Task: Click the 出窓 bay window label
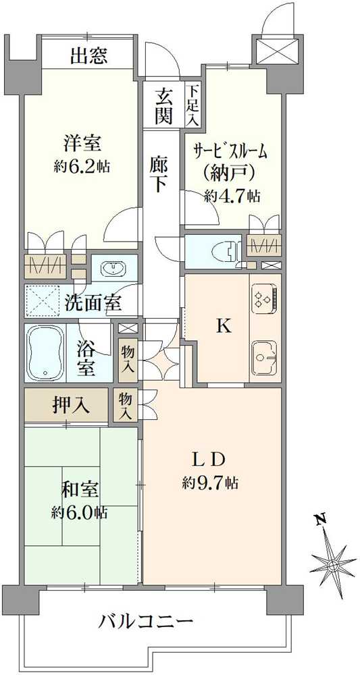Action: [x=88, y=57]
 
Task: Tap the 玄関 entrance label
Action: [x=163, y=105]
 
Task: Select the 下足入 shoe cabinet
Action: [x=192, y=105]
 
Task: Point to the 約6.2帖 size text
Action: [x=81, y=167]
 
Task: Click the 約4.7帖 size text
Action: [x=232, y=196]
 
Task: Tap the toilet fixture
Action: [x=228, y=251]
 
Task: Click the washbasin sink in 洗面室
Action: [x=113, y=269]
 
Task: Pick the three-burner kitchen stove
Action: [x=263, y=298]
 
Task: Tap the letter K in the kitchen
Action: [x=223, y=327]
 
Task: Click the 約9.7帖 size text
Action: [x=209, y=483]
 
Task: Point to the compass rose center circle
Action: [x=333, y=565]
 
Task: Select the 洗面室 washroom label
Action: [x=93, y=304]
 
